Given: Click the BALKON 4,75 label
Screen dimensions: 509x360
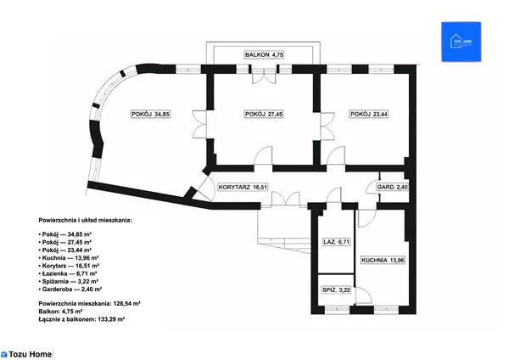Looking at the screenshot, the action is click(x=264, y=54).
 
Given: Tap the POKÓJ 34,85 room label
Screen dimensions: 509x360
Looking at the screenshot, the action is click(x=150, y=114).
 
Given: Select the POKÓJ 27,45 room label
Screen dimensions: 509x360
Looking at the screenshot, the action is click(x=264, y=114).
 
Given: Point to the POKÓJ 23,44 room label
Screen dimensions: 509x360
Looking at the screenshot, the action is click(x=369, y=114).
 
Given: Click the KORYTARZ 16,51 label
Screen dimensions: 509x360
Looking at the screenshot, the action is click(x=243, y=187).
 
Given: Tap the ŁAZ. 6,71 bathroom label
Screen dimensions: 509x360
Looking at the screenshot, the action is click(x=336, y=242).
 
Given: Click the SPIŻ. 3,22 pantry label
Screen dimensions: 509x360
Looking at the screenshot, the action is click(x=336, y=290).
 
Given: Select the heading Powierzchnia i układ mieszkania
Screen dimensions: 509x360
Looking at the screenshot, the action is click(x=85, y=220).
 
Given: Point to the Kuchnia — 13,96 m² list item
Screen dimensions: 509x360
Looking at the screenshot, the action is click(x=70, y=258).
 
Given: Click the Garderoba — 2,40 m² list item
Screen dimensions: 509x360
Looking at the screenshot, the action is click(x=72, y=290).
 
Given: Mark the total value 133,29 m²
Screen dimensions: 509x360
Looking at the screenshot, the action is click(x=111, y=319).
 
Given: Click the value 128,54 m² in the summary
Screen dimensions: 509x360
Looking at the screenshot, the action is click(x=126, y=304).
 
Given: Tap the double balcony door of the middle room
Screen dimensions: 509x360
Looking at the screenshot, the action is click(x=264, y=76).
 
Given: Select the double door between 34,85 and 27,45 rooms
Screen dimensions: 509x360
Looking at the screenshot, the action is click(x=199, y=125).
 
